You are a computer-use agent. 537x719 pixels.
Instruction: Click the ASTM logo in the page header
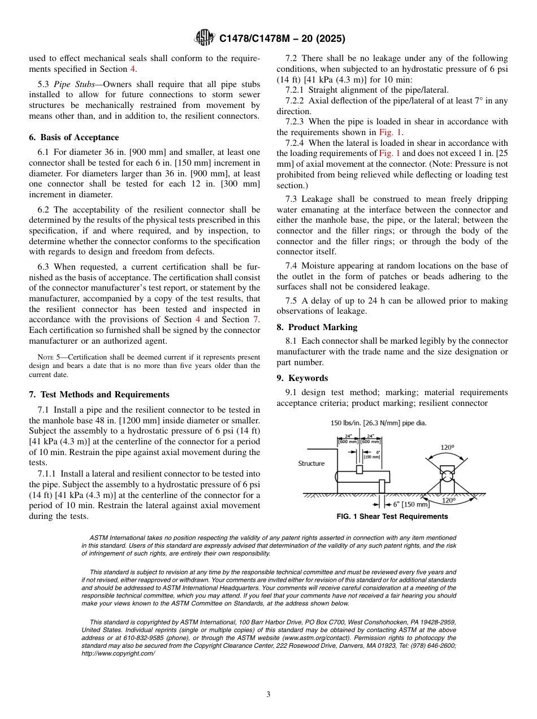[204, 38]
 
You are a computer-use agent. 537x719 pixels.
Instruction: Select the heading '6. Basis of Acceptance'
[73, 137]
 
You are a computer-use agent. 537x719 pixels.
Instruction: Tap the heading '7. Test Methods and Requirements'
[99, 395]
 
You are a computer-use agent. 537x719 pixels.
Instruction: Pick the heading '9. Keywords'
[302, 378]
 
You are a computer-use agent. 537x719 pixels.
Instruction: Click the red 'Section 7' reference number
[255, 319]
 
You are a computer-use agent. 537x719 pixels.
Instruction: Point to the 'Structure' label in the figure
[311, 464]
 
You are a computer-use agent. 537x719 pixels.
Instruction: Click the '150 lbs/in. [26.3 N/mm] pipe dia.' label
[378, 423]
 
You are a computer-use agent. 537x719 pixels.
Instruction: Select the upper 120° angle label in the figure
[447, 448]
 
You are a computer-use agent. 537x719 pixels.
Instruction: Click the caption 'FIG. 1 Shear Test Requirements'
[392, 517]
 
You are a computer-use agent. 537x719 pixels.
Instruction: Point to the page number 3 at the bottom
[268, 695]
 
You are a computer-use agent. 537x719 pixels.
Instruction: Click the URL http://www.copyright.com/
[118, 653]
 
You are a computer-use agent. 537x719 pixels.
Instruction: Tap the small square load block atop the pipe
[360, 469]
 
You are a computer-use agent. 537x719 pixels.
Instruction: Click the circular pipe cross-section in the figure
[447, 478]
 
